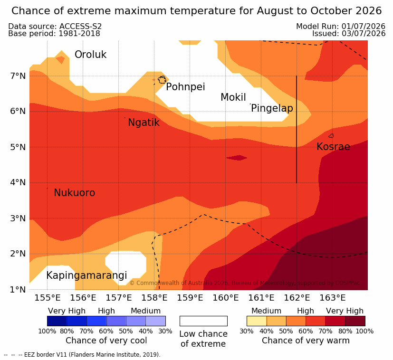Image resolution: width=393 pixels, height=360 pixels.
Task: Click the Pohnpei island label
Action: [185, 87]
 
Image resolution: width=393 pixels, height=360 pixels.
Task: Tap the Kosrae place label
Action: [333, 147]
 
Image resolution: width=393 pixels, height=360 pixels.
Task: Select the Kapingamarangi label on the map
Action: [86, 275]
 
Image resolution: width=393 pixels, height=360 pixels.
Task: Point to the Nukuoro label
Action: [75, 193]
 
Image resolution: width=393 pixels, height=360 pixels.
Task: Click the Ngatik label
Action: [144, 123]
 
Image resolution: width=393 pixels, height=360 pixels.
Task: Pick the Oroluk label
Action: [90, 55]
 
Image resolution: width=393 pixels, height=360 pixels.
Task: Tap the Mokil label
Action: [233, 97]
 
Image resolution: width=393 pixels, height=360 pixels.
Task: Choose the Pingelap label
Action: [272, 108]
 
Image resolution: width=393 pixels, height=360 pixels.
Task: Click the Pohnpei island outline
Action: [162, 80]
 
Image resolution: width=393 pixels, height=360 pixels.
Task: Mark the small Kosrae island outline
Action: [331, 136]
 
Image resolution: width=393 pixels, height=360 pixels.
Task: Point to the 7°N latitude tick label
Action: [18, 76]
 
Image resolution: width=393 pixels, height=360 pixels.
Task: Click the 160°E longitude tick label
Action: [226, 298]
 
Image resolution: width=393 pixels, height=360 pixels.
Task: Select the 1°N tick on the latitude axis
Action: [18, 290]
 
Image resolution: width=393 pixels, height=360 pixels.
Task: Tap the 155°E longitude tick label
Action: [48, 298]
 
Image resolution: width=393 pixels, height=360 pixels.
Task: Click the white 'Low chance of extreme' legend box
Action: [203, 321]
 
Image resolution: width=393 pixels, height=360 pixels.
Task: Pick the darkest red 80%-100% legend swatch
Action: [355, 321]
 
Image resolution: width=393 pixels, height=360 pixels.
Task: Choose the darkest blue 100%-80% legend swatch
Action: [57, 321]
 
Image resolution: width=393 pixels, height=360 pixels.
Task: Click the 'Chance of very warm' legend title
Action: [306, 341]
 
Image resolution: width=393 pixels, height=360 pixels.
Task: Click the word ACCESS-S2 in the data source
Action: [80, 26]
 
